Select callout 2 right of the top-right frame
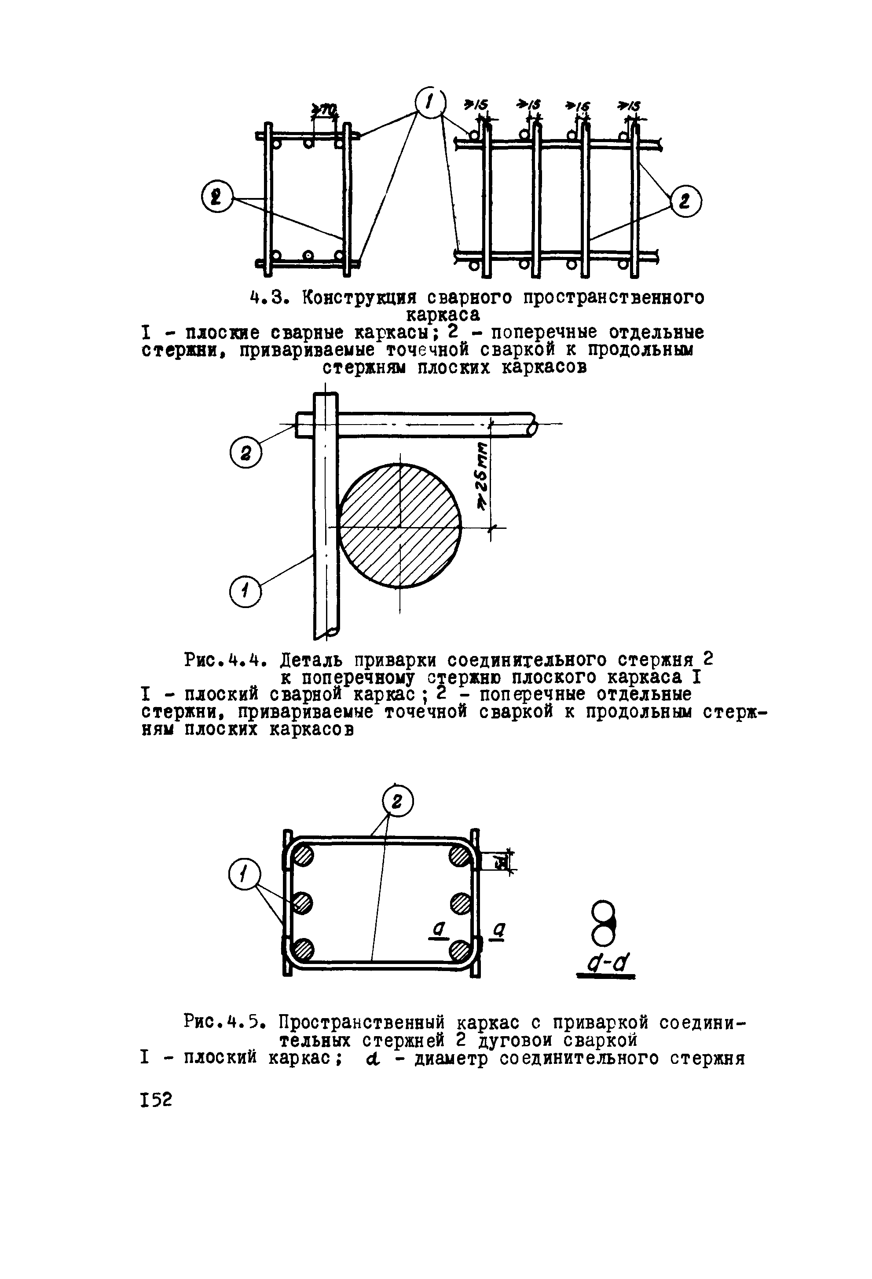pos(685,202)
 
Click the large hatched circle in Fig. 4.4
pos(400,526)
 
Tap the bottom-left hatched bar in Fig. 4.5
pos(303,950)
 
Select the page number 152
pos(156,1099)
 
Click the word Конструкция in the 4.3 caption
pos(358,298)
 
